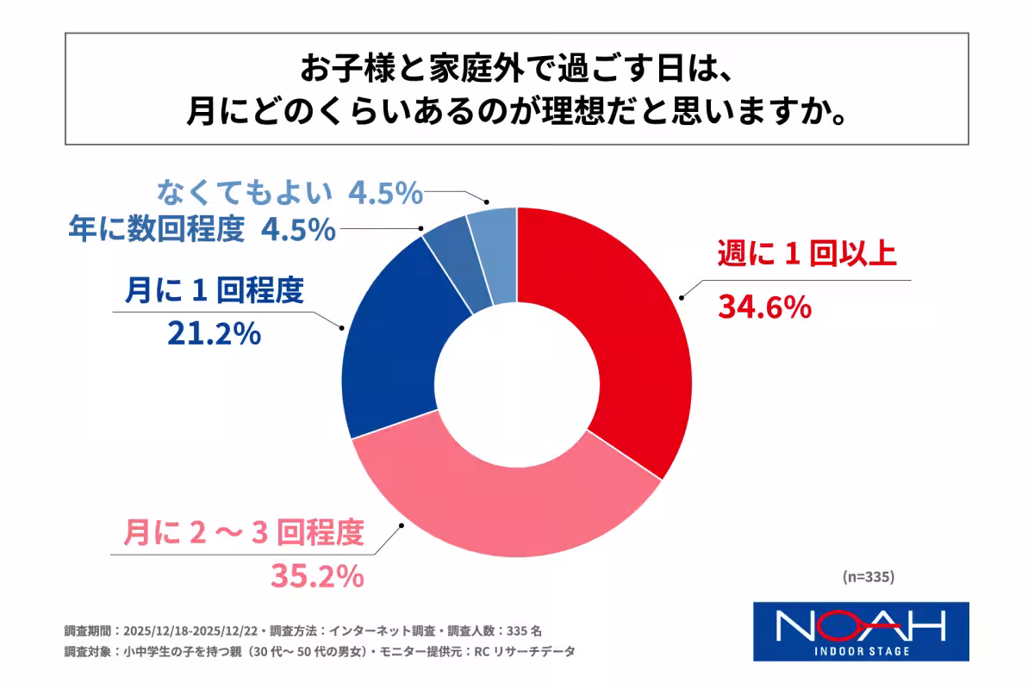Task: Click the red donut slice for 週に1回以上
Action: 638,344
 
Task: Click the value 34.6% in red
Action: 764,306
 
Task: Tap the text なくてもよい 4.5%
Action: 290,194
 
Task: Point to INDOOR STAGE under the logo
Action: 862,650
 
